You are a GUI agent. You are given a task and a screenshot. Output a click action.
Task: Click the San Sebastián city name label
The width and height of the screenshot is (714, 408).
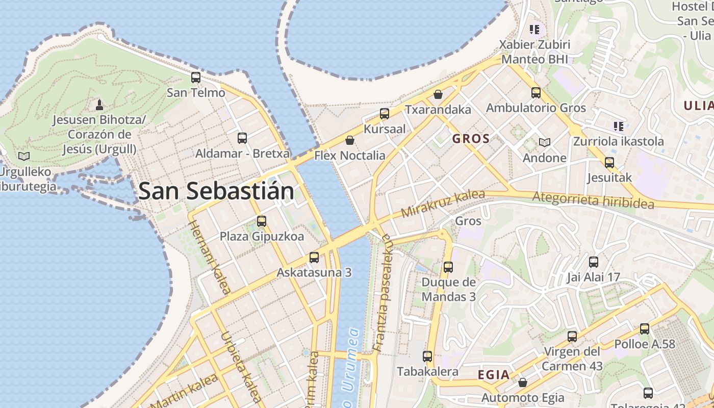click(216, 191)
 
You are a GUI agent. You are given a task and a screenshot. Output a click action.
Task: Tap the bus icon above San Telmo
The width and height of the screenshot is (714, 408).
click(196, 78)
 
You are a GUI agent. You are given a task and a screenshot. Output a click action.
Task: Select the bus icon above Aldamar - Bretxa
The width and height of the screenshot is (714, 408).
click(242, 138)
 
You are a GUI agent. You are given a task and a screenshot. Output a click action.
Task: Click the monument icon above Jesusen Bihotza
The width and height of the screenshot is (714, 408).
click(99, 105)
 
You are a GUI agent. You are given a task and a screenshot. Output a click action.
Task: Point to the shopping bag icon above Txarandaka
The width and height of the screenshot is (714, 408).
click(438, 94)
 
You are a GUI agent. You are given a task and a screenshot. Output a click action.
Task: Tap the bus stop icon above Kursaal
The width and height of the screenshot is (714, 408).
click(385, 113)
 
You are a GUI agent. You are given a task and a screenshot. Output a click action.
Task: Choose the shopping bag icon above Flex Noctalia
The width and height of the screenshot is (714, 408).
click(350, 140)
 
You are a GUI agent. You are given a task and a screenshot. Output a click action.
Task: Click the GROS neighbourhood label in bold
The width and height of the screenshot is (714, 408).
click(471, 139)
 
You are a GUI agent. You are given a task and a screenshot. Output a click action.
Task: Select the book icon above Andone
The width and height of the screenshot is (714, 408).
click(545, 142)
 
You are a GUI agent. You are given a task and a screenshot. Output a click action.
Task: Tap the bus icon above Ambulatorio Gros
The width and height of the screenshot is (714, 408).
click(536, 92)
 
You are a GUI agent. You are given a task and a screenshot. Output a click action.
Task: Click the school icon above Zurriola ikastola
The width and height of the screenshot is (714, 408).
click(619, 125)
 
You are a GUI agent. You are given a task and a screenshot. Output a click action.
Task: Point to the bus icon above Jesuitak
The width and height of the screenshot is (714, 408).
click(609, 163)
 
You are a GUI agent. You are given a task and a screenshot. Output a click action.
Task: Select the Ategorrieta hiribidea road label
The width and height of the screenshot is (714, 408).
click(593, 200)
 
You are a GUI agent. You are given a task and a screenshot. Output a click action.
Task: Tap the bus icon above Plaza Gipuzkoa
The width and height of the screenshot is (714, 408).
click(262, 221)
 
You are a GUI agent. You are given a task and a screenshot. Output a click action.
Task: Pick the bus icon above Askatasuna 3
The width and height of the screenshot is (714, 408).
click(314, 257)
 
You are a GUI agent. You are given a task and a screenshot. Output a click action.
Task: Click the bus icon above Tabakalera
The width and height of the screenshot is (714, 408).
click(427, 356)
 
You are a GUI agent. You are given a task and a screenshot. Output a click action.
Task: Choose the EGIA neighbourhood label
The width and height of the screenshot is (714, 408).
click(494, 375)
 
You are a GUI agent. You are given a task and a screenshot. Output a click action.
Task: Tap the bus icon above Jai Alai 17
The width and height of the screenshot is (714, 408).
click(594, 262)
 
